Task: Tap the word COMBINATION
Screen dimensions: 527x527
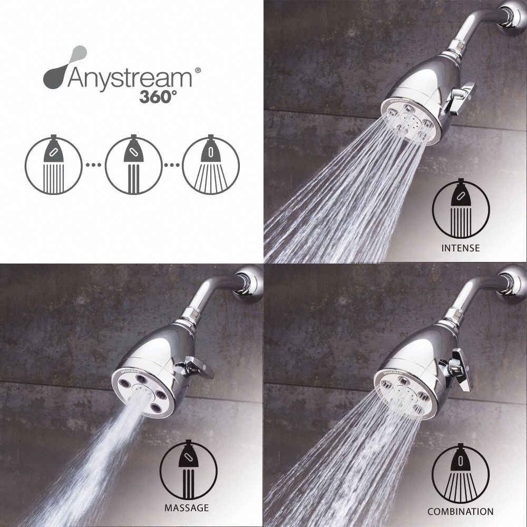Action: pyautogui.click(x=461, y=511)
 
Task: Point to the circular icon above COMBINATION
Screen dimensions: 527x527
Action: pyautogui.click(x=461, y=473)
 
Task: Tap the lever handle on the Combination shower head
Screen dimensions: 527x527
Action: pyautogui.click(x=461, y=369)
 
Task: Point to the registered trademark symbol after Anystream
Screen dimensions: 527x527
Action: pyautogui.click(x=198, y=69)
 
